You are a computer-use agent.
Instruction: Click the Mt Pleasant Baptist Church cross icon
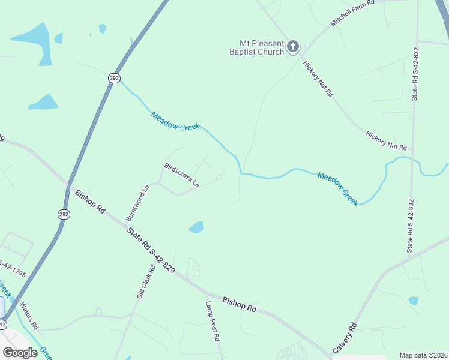point(293,46)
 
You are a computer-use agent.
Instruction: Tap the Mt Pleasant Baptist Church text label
point(262,47)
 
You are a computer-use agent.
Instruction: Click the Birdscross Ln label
point(181,175)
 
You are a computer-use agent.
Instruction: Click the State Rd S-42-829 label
point(151,250)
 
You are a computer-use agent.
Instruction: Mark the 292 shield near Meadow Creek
point(114,78)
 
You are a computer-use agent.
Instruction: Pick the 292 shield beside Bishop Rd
point(64,214)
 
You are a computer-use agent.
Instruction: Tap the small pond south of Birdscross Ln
point(196,227)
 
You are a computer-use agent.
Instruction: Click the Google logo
point(20,352)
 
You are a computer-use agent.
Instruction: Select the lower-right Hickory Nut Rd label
point(386,140)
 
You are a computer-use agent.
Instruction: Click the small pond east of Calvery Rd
point(413,300)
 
